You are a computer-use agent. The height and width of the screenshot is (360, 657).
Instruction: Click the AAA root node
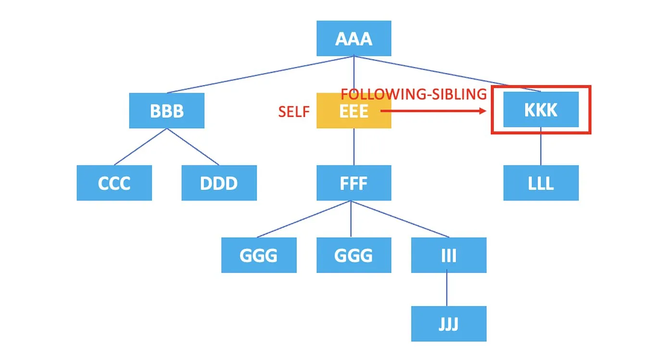click(x=354, y=38)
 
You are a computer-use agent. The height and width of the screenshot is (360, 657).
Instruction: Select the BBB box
click(x=166, y=111)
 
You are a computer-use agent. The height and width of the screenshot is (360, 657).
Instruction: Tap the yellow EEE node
click(x=354, y=111)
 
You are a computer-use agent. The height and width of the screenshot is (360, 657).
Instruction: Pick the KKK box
click(x=541, y=110)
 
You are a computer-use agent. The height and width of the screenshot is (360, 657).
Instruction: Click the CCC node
click(x=114, y=183)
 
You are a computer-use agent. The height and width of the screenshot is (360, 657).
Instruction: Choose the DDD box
click(x=219, y=183)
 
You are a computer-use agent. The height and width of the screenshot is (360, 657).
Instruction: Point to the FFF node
click(x=354, y=183)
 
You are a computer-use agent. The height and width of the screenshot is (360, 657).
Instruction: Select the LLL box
click(x=541, y=183)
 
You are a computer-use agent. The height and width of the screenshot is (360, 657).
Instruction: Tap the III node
click(x=448, y=255)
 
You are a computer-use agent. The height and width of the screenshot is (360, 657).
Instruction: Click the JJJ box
click(x=448, y=324)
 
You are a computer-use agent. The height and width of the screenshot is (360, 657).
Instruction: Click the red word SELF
click(x=293, y=112)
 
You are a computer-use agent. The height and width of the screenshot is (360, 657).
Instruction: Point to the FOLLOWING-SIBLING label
click(x=414, y=94)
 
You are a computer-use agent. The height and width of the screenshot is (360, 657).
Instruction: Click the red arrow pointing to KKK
click(x=433, y=111)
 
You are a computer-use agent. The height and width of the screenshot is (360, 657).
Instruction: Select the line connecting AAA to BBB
click(x=260, y=74)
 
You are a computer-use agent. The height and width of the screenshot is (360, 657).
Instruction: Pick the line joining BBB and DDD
click(x=192, y=147)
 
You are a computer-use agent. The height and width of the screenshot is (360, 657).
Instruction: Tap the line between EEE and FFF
click(x=354, y=147)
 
